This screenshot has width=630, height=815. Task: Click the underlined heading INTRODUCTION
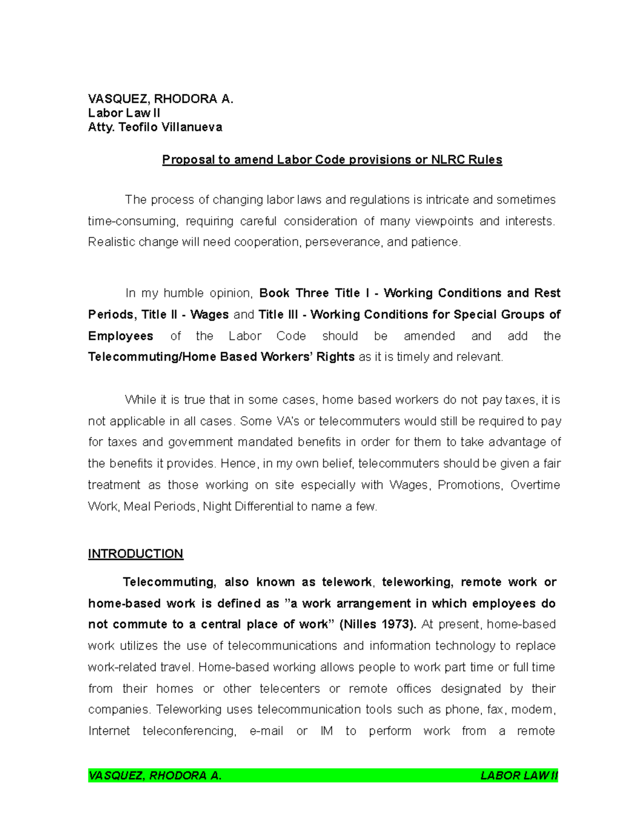pyautogui.click(x=135, y=554)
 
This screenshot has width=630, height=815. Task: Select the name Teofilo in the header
pyautogui.click(x=139, y=127)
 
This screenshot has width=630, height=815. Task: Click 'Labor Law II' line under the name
pyautogui.click(x=124, y=113)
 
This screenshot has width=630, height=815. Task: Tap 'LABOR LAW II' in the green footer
pyautogui.click(x=519, y=776)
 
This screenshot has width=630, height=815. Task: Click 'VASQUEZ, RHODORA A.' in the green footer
pyautogui.click(x=155, y=776)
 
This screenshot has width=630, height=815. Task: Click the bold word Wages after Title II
pyautogui.click(x=209, y=314)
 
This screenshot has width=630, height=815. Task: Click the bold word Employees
pyautogui.click(x=121, y=336)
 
